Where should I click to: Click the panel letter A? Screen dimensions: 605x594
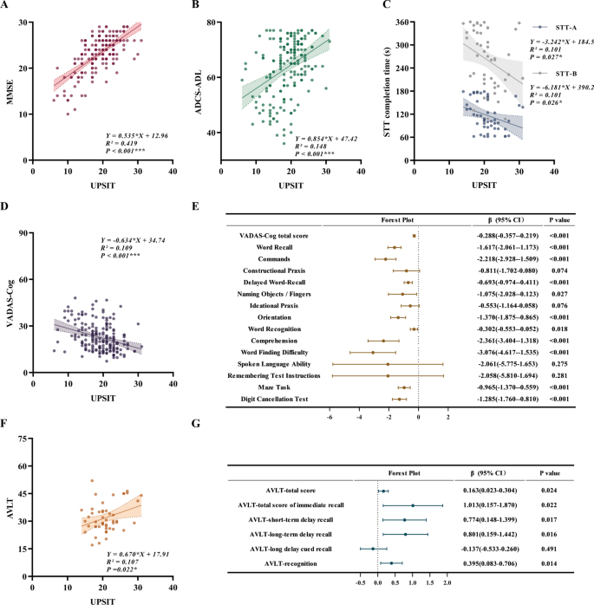point(6,7)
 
